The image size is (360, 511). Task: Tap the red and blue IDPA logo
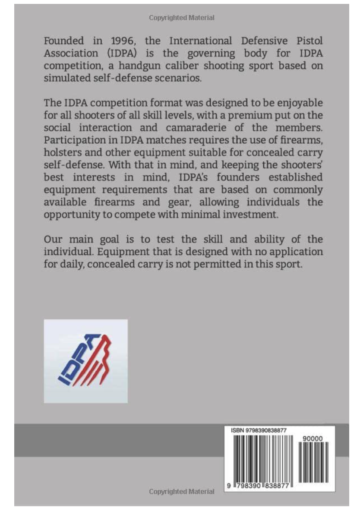pos(85,361)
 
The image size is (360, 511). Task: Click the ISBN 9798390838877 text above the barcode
pos(257,430)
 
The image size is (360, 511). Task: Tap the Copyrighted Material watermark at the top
pos(182,18)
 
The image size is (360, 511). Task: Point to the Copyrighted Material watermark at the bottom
pos(182,492)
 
